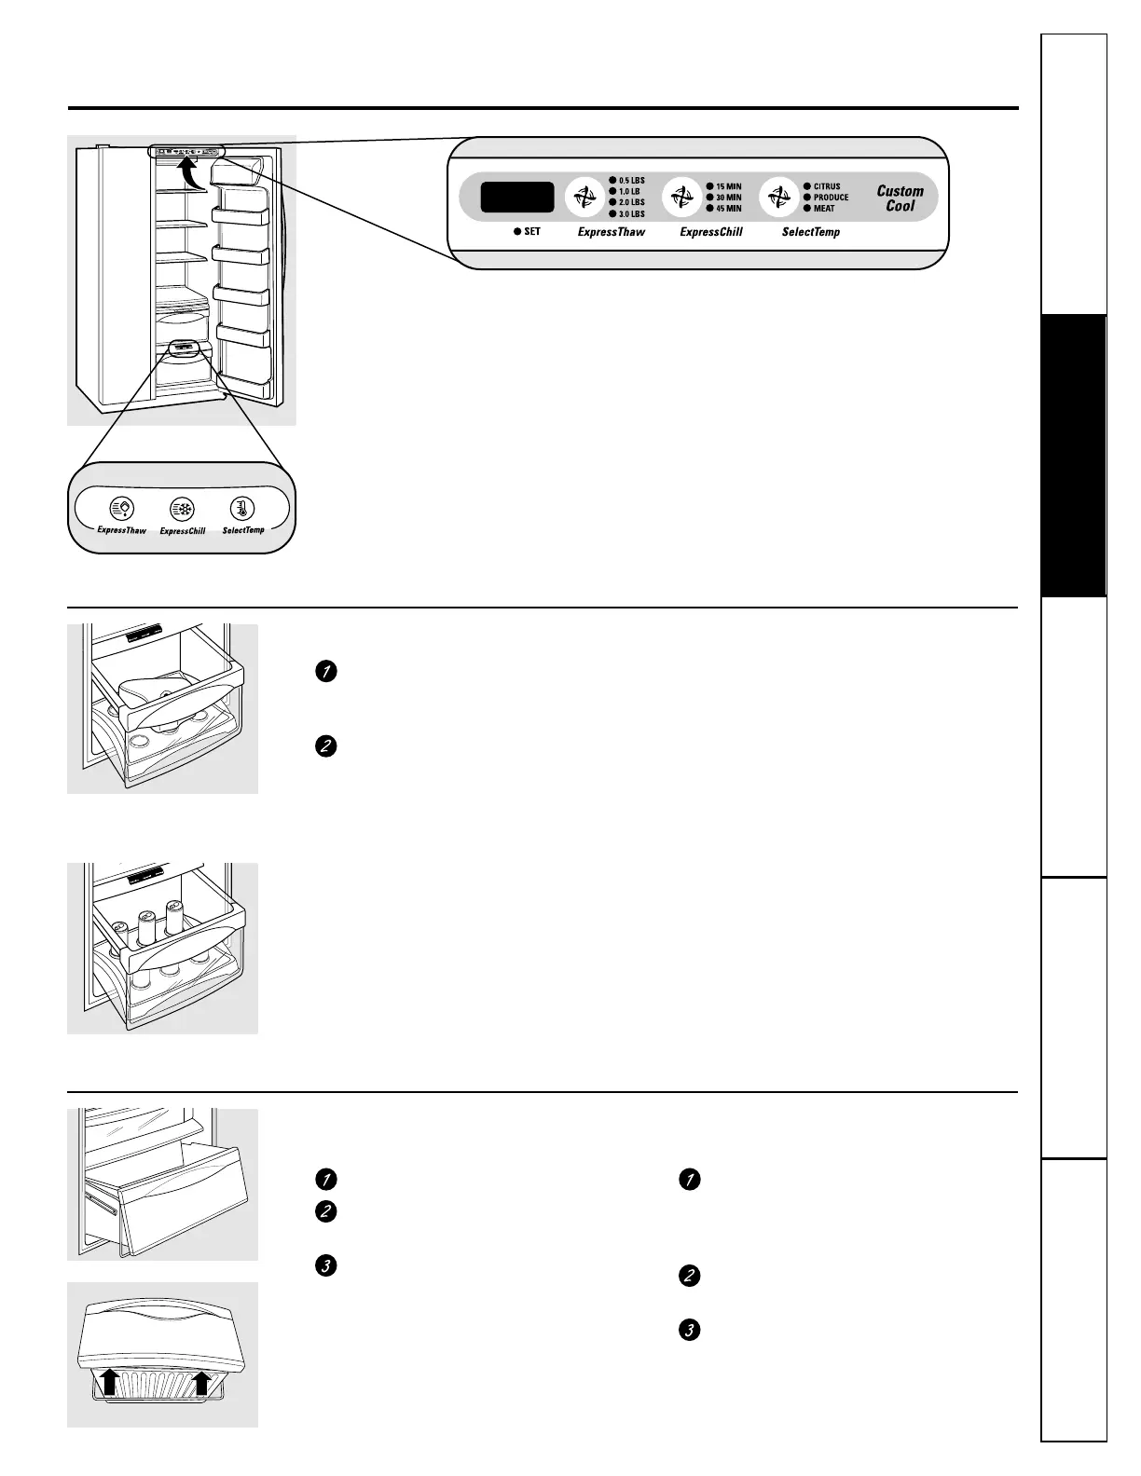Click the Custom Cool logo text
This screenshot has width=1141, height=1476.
(900, 198)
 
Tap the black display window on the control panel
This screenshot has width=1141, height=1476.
(517, 198)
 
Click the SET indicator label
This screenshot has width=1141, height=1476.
(527, 231)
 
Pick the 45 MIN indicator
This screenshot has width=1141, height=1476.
(724, 208)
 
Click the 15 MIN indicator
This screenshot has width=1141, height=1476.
(724, 186)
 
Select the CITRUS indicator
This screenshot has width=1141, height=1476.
(822, 186)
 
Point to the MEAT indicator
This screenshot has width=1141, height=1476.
(819, 208)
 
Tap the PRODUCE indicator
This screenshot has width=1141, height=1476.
(827, 198)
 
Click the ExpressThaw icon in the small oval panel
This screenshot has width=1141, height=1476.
(122, 509)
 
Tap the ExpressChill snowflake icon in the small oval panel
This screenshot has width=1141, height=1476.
(182, 509)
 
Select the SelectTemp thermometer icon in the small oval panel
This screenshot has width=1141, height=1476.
(242, 509)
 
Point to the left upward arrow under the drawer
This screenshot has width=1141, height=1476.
(110, 1381)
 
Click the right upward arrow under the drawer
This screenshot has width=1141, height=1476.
(201, 1384)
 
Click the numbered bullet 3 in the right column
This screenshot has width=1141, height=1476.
(689, 1330)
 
